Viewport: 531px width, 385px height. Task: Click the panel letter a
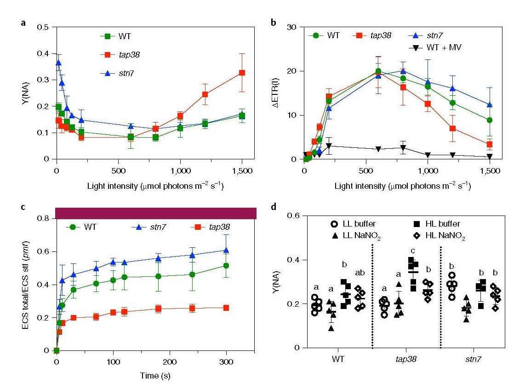pos(23,23)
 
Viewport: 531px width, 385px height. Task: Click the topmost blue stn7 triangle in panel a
pos(58,63)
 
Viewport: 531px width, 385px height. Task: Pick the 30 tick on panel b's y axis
pos(294,27)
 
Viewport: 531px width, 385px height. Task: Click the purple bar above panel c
pos(155,213)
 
